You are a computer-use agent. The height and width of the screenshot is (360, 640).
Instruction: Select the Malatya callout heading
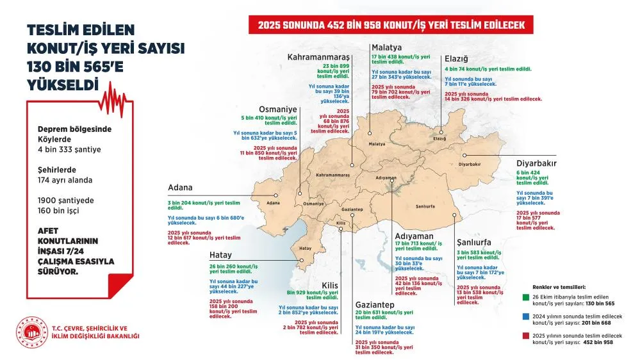tap(387, 47)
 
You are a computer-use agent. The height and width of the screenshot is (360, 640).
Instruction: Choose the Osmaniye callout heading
tap(278, 109)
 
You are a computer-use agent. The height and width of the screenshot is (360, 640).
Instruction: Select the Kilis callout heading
tap(329, 284)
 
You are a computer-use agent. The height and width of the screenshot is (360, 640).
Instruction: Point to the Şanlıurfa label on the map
tap(425, 207)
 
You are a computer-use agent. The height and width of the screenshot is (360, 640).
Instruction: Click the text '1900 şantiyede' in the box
tap(65, 200)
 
